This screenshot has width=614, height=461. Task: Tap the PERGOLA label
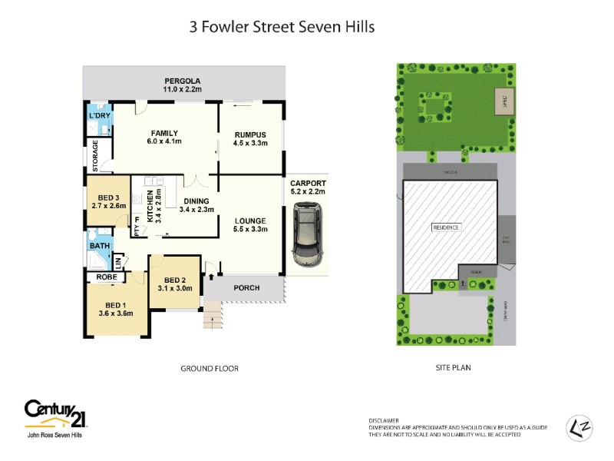[x=181, y=81]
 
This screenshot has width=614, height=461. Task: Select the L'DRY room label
[x=99, y=116]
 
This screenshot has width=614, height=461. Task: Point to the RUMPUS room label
[x=249, y=135]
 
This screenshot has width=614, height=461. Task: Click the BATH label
[x=99, y=247]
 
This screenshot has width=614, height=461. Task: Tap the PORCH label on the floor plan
[x=246, y=288]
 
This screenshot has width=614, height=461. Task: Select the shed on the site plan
[x=505, y=101]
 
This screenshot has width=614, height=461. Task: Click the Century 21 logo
[x=56, y=414]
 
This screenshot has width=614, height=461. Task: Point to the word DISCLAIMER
[x=384, y=420]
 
